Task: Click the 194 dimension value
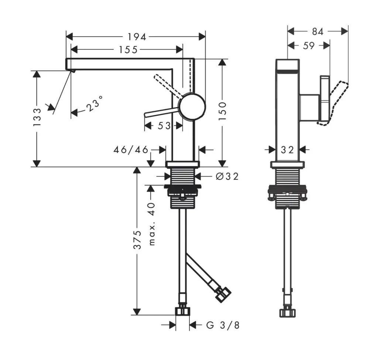coord(137,37)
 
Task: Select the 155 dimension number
coord(128,50)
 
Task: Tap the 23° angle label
coord(94,104)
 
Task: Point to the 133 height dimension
coord(37,117)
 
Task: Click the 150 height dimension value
coord(222,111)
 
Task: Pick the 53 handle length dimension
coord(164,126)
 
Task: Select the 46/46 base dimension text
coord(131,150)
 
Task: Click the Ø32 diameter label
coord(226,177)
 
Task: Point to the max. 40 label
coord(152,224)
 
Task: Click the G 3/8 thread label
coord(223,325)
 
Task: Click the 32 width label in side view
coord(287,150)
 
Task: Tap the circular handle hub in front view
coord(192,107)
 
